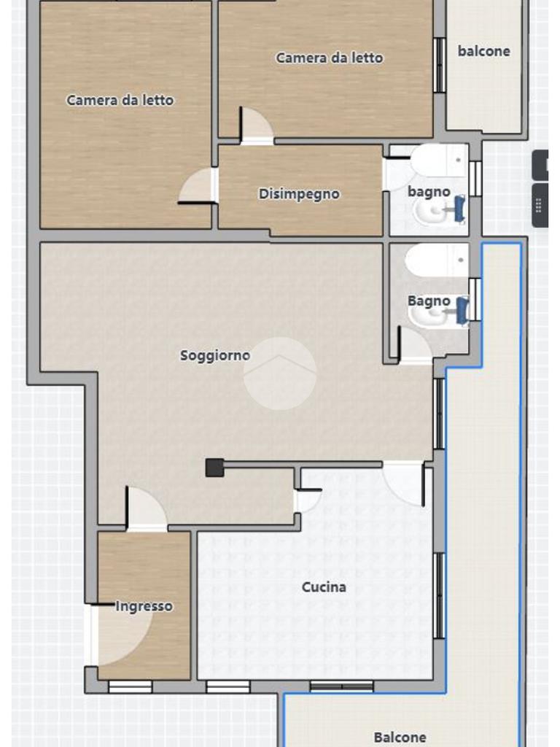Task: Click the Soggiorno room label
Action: (x=215, y=355)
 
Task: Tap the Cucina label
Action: (x=324, y=587)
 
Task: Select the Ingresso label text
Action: (x=144, y=606)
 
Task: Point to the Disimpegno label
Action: (x=299, y=194)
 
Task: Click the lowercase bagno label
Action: (x=429, y=192)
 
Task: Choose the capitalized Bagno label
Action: (x=429, y=301)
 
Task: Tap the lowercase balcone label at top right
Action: (x=484, y=51)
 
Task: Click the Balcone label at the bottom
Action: (x=400, y=738)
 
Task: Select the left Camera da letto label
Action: (x=120, y=100)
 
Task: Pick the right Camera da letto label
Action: (x=330, y=58)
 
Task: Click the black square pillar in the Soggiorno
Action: (x=214, y=468)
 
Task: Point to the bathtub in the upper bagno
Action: (x=439, y=160)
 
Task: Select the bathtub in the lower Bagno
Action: (x=436, y=260)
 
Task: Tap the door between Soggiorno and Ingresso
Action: (x=146, y=508)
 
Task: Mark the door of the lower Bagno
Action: (x=415, y=344)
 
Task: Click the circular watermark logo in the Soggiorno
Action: (x=280, y=373)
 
